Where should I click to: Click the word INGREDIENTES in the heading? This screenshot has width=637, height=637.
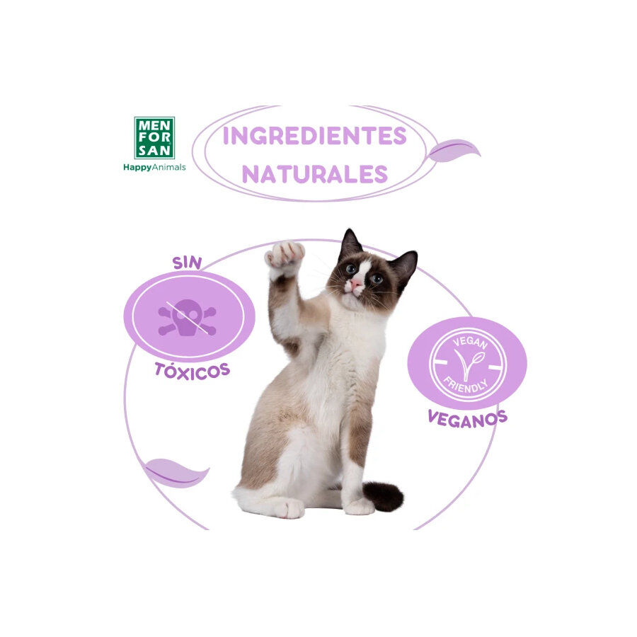(314, 136)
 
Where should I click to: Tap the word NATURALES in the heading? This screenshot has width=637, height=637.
(314, 174)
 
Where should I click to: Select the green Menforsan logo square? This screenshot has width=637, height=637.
(154, 138)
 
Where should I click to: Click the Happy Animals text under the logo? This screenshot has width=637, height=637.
(154, 168)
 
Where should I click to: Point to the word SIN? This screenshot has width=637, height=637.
(187, 263)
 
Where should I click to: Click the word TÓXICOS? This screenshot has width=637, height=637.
(192, 370)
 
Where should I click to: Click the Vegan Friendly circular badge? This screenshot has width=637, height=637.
(467, 364)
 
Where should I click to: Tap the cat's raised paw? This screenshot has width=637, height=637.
(285, 253)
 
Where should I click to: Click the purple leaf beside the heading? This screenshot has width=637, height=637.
(454, 150)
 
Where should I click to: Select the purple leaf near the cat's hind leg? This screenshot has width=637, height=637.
(176, 472)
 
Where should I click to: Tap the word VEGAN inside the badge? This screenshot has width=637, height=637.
(467, 341)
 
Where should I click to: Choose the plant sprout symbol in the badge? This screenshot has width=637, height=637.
(467, 365)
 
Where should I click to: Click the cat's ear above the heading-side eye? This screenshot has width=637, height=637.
(349, 244)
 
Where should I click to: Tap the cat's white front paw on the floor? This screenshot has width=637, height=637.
(360, 506)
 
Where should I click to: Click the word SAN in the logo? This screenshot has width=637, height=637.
(154, 149)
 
